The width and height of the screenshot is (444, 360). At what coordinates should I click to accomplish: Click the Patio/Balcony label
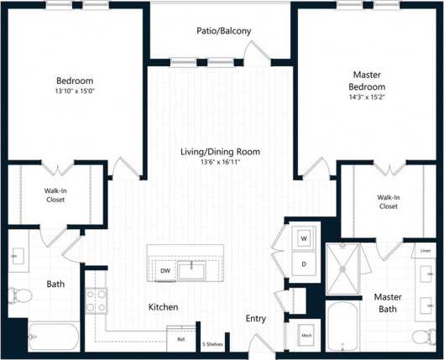222,31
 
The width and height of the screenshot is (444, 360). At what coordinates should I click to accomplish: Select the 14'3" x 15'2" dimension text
367,98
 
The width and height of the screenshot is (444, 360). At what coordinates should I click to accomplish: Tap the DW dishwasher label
166,270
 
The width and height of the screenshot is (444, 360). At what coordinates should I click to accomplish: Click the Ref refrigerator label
181,339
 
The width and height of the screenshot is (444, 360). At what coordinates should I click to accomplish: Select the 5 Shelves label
212,343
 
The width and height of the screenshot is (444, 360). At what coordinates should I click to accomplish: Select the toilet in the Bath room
18,295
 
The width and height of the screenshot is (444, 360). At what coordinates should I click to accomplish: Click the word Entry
256,319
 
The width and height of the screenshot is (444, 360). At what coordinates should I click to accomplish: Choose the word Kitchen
163,307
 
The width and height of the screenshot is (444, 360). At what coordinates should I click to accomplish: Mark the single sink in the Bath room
18,255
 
